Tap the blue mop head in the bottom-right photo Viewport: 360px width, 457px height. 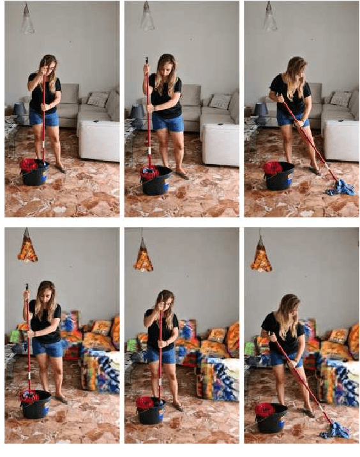coord(336,431)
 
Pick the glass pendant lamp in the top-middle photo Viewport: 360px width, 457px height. coord(147,20)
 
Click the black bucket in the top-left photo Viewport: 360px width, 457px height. coord(35,174)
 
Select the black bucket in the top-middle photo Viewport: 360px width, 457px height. coord(157,181)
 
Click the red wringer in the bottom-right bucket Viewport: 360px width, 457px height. coord(265,409)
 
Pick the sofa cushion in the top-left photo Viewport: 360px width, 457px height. coord(97,100)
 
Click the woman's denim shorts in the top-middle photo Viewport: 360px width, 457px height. coord(167,123)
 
